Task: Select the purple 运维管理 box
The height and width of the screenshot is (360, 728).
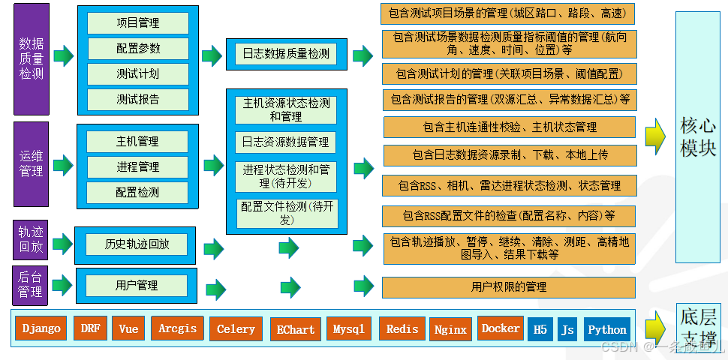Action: (31, 163)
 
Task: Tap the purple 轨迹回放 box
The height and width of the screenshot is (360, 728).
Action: (31, 240)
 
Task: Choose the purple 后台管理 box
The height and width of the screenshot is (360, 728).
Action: (31, 284)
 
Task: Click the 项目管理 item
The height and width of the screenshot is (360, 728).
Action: (137, 23)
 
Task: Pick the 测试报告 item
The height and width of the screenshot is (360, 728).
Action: (137, 99)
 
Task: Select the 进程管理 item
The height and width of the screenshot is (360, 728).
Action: (137, 166)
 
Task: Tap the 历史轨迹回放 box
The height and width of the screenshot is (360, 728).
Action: (137, 244)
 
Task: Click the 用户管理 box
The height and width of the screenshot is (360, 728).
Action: (137, 285)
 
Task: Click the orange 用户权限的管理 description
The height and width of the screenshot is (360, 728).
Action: (509, 286)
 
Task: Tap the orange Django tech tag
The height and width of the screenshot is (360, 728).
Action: (41, 328)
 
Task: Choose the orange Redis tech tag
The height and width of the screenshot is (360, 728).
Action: (402, 328)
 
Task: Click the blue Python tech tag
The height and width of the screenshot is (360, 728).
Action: (607, 329)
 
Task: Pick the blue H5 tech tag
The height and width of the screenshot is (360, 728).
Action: (539, 329)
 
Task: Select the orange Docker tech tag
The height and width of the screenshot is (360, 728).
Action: (500, 328)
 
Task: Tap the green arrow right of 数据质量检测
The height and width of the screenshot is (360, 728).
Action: (64, 55)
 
